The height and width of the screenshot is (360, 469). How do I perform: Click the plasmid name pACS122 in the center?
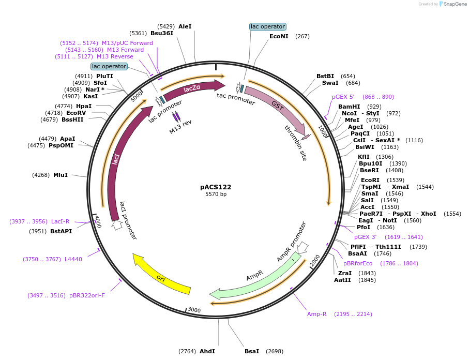pos(216,187)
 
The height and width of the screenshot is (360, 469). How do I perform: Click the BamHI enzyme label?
pos(349,107)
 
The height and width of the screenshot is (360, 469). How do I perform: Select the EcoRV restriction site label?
pos(76,113)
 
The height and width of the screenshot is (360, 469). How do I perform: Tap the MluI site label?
pos(60,175)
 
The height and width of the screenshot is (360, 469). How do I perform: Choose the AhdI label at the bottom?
pos(207,351)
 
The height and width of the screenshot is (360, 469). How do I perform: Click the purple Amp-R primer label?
pos(317,314)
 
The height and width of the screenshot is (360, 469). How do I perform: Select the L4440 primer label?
pos(73,259)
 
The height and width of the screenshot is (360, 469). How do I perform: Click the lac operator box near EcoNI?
pos(267,26)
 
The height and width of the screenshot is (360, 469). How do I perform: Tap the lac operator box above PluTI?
pos(109,66)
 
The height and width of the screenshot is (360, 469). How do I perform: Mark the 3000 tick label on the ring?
pos(194,310)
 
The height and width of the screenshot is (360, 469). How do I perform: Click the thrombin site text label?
pos(295,143)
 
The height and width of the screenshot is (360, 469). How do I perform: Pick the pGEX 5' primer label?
pos(343,97)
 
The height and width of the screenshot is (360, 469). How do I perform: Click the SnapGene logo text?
pos(453,4)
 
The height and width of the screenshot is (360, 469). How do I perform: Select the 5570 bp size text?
pos(216,194)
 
